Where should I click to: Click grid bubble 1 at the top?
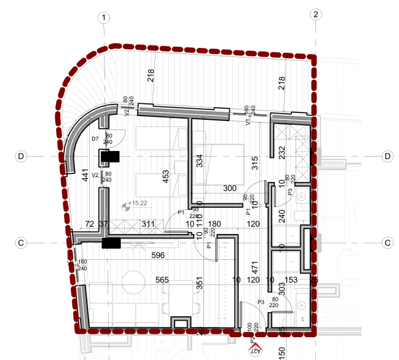pos(105,18)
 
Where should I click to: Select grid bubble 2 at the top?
pos(316,15)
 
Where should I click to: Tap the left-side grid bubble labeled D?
pos(21,157)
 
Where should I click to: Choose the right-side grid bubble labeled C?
pos(388,243)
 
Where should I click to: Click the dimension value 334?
pos(199,161)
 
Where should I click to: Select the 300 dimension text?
pos(230,189)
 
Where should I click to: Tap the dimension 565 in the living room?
pos(162,280)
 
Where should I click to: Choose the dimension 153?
pos(291,280)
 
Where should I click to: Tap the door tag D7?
pos(95,139)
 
